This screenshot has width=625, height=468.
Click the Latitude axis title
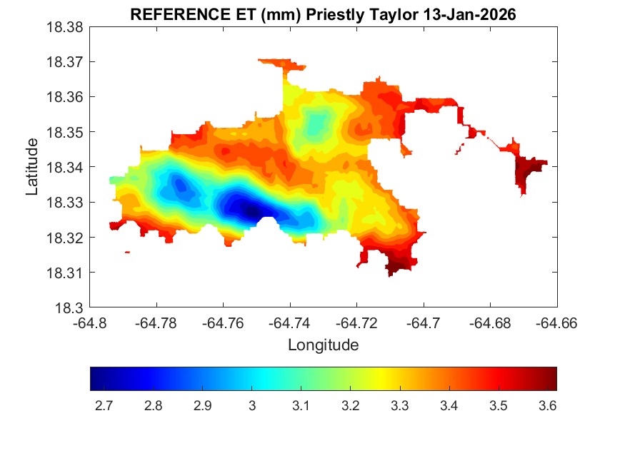coord(32,168)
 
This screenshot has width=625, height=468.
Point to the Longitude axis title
coord(323,345)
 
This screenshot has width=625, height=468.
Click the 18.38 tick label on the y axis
coord(66,27)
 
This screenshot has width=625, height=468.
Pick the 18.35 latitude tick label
coord(66,133)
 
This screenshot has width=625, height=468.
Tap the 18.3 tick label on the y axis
coord(71,308)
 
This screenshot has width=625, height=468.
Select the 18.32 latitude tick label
coord(66,238)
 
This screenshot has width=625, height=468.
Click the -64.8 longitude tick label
coord(91,322)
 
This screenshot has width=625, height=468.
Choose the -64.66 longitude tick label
coord(557,322)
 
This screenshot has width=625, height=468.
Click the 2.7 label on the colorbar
coord(104,406)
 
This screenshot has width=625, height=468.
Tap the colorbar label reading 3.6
coord(547,406)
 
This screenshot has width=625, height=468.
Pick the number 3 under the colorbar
coord(251,406)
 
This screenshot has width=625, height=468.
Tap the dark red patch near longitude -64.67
coord(529,171)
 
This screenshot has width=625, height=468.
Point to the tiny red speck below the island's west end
coord(127,252)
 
